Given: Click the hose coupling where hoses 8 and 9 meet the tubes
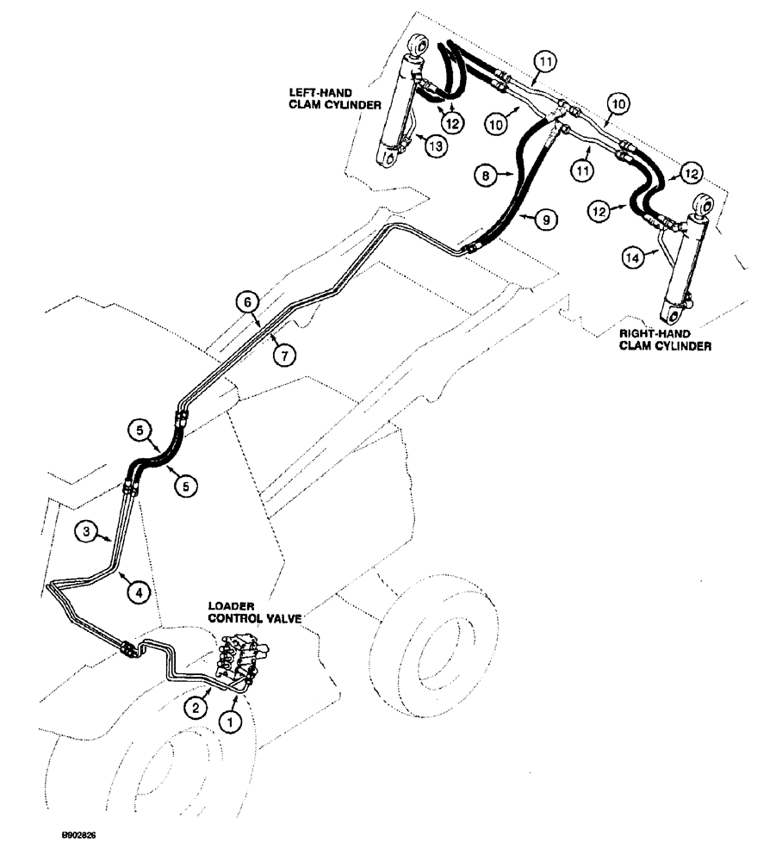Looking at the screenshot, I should click(469, 250).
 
